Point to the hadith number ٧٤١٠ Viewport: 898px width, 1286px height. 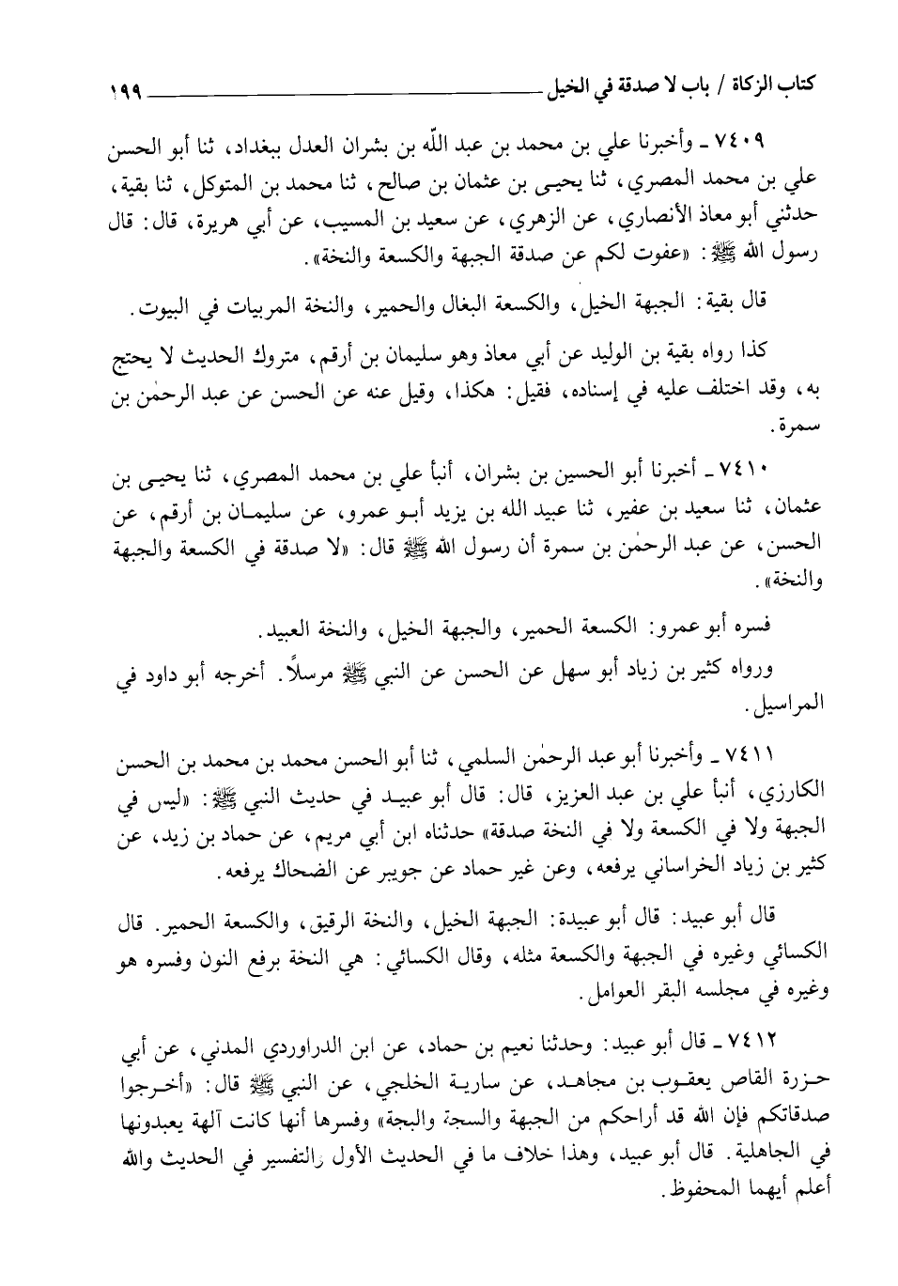(749, 466)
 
